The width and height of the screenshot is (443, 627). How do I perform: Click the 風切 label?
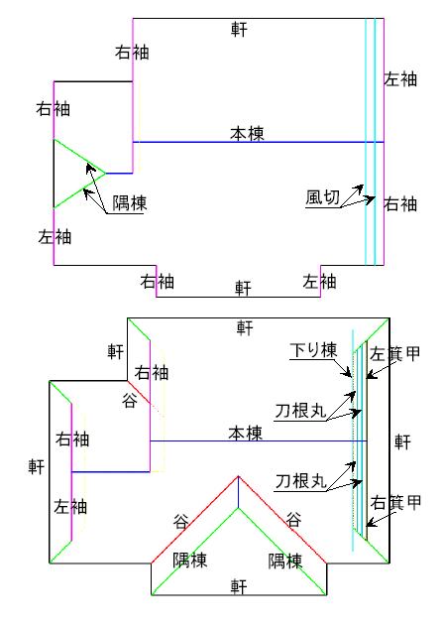point(323,197)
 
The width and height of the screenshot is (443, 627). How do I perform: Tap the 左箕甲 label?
point(394,353)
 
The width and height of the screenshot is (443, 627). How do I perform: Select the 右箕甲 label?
point(395,503)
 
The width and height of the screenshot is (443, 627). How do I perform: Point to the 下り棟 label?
point(313,350)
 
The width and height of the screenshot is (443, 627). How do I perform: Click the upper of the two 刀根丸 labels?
point(301,411)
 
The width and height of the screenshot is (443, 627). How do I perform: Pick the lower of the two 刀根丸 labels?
point(301,481)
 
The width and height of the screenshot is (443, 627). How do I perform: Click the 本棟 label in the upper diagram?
point(247,134)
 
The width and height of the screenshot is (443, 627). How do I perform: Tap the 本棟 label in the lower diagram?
point(245,434)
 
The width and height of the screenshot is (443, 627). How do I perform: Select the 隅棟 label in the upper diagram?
point(130,203)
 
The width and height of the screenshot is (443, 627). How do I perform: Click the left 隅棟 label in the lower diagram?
point(189,561)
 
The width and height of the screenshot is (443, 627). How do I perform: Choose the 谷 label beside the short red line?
point(130,400)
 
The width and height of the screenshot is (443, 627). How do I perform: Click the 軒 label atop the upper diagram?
point(239,29)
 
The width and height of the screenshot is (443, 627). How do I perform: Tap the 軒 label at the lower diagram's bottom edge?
point(239,586)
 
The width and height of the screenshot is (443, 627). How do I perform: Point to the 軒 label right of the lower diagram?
point(402,442)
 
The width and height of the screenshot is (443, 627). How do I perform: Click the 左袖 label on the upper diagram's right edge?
point(400,79)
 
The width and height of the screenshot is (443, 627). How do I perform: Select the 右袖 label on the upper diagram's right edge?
point(400,204)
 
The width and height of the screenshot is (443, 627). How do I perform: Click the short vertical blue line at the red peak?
point(239,492)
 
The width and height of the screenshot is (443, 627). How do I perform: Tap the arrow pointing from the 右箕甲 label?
point(377,518)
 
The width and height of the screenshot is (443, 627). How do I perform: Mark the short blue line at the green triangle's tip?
point(119,174)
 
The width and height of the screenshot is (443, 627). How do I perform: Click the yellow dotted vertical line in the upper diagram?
point(139,127)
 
